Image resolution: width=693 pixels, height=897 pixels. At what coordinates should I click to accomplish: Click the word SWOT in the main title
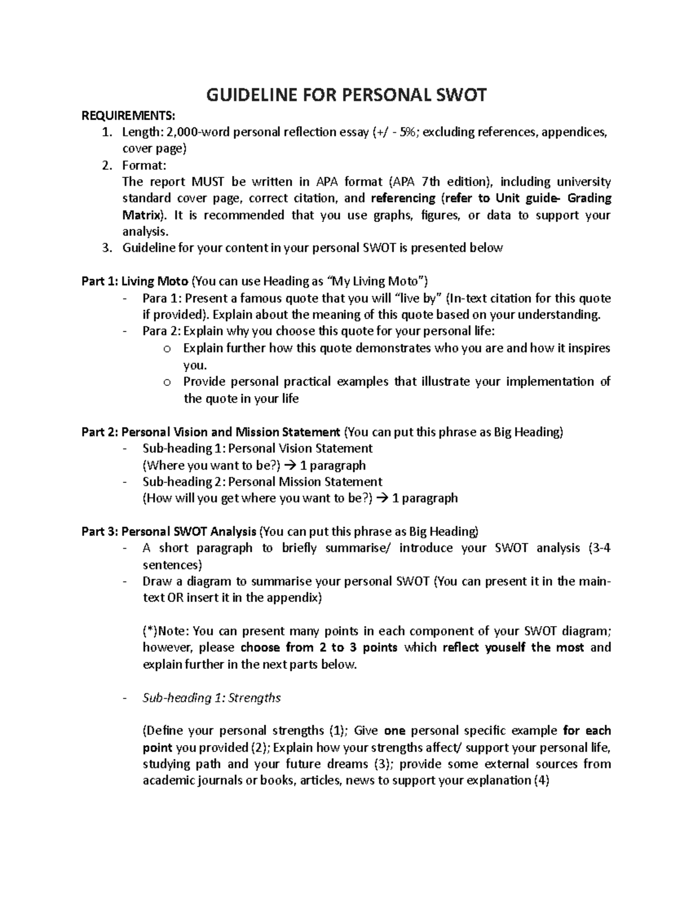[459, 95]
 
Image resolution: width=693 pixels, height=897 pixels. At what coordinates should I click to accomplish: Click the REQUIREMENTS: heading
[128, 115]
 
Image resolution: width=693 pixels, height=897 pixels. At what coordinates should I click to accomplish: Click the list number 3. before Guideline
[106, 248]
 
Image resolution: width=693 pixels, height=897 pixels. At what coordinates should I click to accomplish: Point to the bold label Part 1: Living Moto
[135, 282]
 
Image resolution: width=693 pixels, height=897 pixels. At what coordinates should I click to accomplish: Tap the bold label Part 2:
[100, 432]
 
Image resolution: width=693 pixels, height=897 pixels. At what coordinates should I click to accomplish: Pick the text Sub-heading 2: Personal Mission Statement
[262, 482]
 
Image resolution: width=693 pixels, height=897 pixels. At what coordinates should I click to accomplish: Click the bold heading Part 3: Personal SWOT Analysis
[169, 531]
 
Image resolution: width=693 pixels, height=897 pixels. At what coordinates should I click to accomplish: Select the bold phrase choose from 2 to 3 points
[319, 647]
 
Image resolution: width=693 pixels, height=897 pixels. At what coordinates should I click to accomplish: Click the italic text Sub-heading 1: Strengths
[211, 698]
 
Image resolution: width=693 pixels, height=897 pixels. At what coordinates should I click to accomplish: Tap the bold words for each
[587, 731]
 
